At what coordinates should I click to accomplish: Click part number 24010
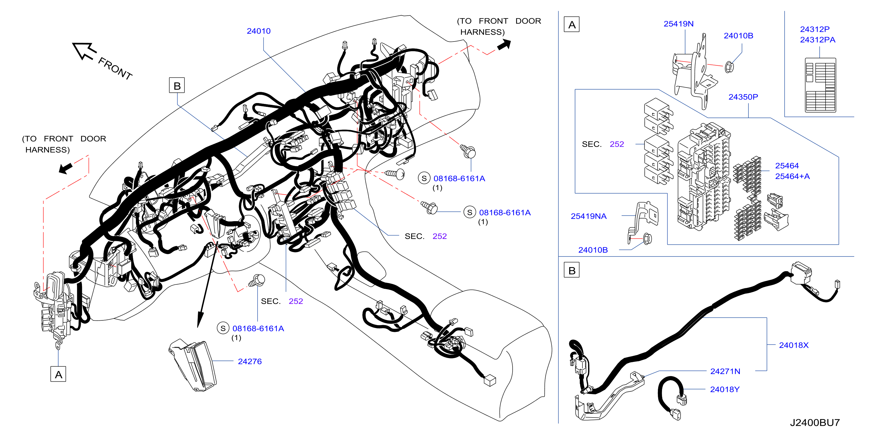tap(258, 31)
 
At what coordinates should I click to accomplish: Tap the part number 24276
tap(250, 361)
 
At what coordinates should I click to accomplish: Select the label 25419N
tap(679, 24)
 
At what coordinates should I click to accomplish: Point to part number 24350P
tap(743, 97)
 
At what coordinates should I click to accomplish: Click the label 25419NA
tap(588, 216)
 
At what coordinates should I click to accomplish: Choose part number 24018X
tap(794, 345)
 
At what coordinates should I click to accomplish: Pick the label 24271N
tap(725, 371)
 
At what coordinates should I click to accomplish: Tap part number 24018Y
tap(725, 389)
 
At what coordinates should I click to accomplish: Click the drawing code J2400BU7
tap(814, 423)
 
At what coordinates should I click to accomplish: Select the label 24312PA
tap(818, 40)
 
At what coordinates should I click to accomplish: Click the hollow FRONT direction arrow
tap(84, 51)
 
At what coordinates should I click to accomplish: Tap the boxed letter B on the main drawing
tap(177, 86)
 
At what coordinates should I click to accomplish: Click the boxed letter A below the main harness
tap(58, 374)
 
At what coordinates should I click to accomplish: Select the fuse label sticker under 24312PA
tap(820, 85)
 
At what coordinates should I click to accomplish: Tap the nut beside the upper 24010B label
tap(729, 67)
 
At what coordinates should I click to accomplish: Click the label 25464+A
tap(792, 176)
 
